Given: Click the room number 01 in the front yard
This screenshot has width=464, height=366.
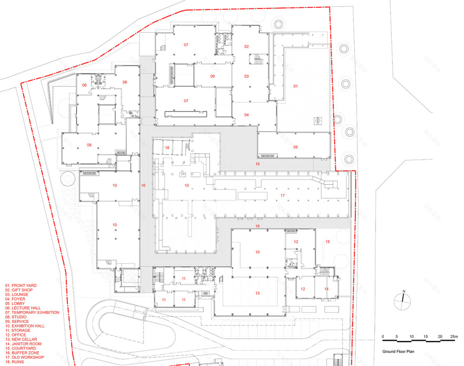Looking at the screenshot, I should [x=295, y=86].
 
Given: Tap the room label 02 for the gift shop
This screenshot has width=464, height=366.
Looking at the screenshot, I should [x=246, y=47].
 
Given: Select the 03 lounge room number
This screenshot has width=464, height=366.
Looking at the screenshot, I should [x=246, y=77].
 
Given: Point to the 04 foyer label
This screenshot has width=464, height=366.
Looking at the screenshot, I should [x=246, y=115].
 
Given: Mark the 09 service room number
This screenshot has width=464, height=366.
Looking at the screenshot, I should [x=89, y=145].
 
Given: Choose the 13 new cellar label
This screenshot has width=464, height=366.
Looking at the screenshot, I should [x=258, y=293].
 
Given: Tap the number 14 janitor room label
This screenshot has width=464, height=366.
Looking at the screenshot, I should [x=326, y=289].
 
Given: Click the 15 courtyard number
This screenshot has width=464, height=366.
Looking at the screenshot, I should [x=327, y=242].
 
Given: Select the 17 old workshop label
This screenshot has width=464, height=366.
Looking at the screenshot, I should [x=283, y=196].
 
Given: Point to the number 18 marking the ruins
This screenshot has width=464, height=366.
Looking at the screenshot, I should [x=167, y=147].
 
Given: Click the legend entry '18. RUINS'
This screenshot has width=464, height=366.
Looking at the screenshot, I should [x=17, y=362].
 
